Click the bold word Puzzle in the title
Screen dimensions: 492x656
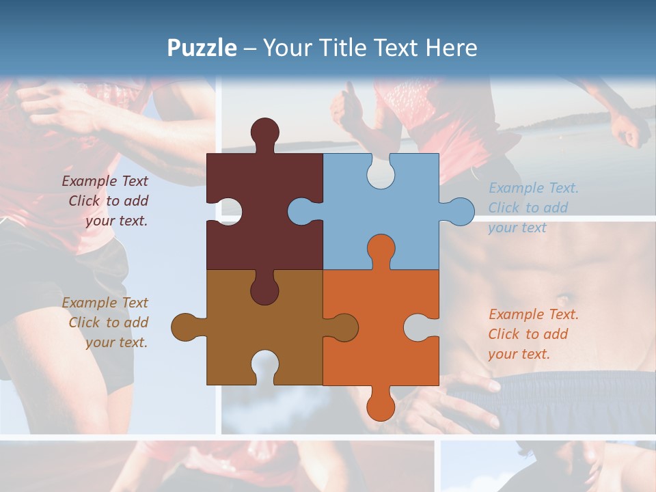pyautogui.click(x=202, y=48)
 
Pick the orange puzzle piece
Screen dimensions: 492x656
pyautogui.click(x=383, y=342)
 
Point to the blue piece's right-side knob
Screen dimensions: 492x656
pyautogui.click(x=461, y=211)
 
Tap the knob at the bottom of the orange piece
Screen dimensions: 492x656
pyautogui.click(x=381, y=406)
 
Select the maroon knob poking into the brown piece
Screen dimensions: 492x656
pyautogui.click(x=264, y=290)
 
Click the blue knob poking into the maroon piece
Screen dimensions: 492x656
pyautogui.click(x=301, y=211)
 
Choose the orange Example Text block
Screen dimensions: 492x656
pyautogui.click(x=533, y=334)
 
